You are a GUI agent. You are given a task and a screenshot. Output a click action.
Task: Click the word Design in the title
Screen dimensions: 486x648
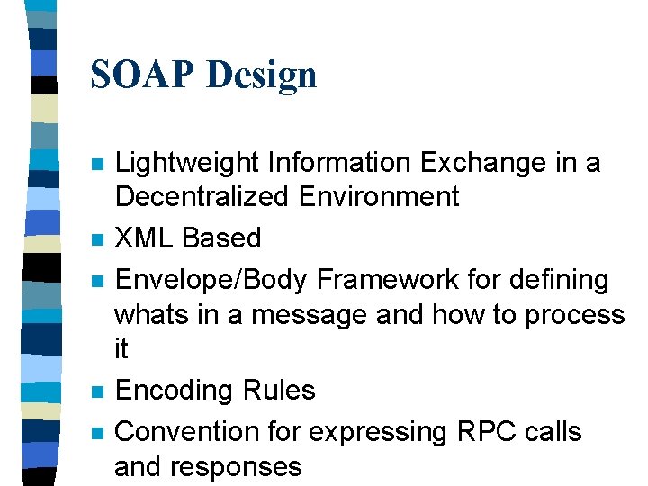260,75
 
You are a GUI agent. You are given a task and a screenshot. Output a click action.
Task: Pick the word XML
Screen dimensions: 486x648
146,238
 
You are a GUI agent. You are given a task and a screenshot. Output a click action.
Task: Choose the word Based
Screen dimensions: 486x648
221,238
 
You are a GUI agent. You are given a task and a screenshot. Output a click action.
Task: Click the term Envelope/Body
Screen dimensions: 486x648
214,281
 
